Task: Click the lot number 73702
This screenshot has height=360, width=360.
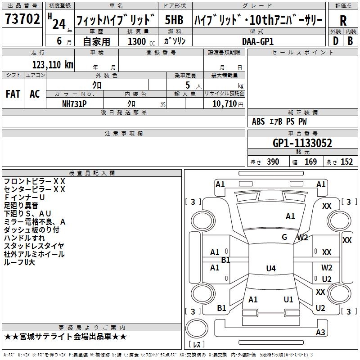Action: pyautogui.click(x=23, y=19)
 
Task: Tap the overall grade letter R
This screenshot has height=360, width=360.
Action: pyautogui.click(x=343, y=21)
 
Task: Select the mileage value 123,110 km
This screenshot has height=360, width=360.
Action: pyautogui.click(x=53, y=64)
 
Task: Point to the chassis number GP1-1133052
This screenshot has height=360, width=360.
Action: pyautogui.click(x=302, y=144)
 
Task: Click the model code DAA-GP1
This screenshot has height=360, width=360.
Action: pyautogui.click(x=258, y=41)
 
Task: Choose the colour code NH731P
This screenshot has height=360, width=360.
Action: pyautogui.click(x=74, y=103)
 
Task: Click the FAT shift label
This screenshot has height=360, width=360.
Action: pyautogui.click(x=13, y=94)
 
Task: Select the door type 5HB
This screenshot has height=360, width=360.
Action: pyautogui.click(x=174, y=21)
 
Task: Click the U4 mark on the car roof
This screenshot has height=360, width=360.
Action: pyautogui.click(x=270, y=269)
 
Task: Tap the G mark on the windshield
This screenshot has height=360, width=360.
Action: pyautogui.click(x=284, y=237)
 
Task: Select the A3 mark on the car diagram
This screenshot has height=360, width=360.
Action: pyautogui.click(x=320, y=333)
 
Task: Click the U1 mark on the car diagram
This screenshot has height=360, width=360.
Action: pyautogui.click(x=288, y=300)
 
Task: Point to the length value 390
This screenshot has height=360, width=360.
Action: pyautogui.click(x=273, y=162)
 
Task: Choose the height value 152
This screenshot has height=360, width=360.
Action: pyautogui.click(x=346, y=162)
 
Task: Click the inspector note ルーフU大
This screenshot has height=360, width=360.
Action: pyautogui.click(x=19, y=262)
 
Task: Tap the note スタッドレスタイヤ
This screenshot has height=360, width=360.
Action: pyautogui.click(x=34, y=246)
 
